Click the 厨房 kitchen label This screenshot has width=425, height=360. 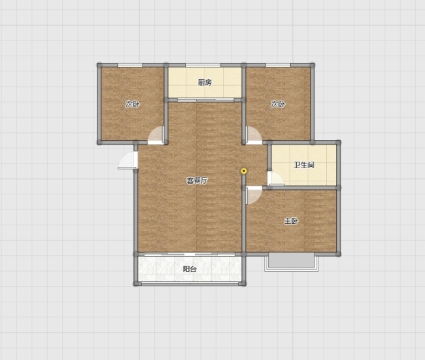[205, 82]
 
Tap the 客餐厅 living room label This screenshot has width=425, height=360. [197, 181]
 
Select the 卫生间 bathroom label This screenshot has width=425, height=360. [304, 165]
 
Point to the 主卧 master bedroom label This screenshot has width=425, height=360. [291, 221]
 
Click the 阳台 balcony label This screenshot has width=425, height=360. [190, 269]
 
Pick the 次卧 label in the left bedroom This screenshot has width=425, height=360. [133, 104]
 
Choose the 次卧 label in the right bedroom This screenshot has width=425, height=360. [278, 104]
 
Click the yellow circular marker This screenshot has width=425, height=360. [244, 171]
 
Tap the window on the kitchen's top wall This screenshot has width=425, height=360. [203, 65]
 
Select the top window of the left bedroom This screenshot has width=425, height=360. [130, 65]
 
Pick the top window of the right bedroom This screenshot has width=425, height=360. [278, 65]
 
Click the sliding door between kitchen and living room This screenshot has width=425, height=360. [205, 100]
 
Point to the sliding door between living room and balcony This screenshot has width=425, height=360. [190, 254]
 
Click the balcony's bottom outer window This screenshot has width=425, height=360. [190, 283]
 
